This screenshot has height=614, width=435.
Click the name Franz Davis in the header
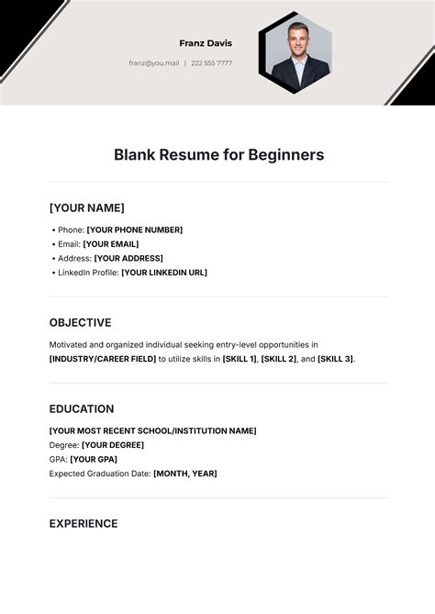[x=206, y=43]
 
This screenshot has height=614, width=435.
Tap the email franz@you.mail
[x=154, y=63]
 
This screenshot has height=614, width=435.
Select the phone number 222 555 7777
[x=211, y=63]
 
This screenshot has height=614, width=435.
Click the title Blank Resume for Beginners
[x=218, y=155]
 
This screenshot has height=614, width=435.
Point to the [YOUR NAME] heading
[x=86, y=207]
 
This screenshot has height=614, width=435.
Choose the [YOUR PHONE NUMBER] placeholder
[x=134, y=229]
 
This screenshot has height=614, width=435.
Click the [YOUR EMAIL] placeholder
[x=110, y=244]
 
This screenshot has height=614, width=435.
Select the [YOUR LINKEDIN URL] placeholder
[x=164, y=273]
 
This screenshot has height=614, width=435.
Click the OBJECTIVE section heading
[x=80, y=323]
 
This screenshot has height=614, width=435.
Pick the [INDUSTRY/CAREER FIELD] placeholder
[x=102, y=359]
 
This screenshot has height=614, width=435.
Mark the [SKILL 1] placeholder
[x=239, y=359]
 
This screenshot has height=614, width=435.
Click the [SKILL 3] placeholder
[x=335, y=359]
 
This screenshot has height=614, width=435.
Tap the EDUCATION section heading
[x=82, y=409]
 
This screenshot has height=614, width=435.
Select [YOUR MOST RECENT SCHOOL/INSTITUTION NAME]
[x=152, y=430]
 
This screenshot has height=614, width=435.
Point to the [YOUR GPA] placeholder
[x=94, y=459]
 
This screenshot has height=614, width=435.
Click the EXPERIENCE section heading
[x=84, y=524]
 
